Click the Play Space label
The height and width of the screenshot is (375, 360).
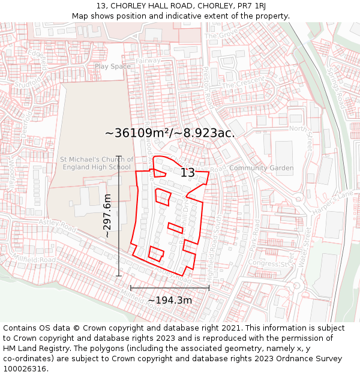tap(112, 67)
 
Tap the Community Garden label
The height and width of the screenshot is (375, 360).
tap(262, 168)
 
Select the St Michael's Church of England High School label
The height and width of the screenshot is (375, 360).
tap(95, 163)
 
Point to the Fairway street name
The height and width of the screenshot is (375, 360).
tap(148, 61)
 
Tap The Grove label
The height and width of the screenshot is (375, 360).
tap(217, 35)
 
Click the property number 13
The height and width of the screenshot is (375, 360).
tap(188, 173)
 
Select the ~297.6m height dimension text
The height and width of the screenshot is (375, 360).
tap(107, 216)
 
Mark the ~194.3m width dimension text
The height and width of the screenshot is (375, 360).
tap(170, 300)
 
